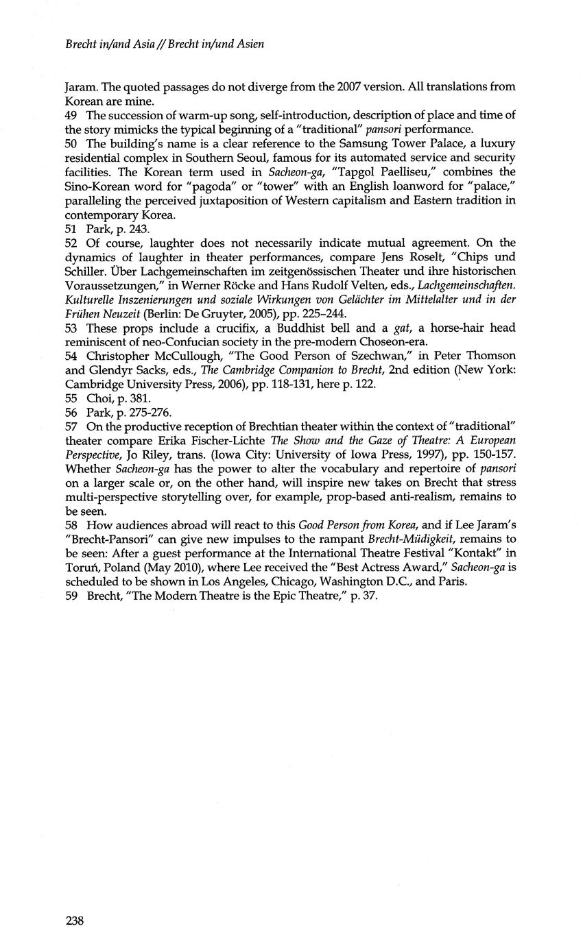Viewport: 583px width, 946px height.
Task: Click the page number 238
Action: [x=74, y=921]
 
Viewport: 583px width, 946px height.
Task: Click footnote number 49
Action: [x=71, y=114]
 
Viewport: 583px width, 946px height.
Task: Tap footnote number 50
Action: [x=71, y=143]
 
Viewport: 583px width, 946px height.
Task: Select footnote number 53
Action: [x=71, y=328]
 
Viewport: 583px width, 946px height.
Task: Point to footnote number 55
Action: [x=71, y=398]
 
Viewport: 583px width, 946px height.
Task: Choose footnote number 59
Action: [x=71, y=596]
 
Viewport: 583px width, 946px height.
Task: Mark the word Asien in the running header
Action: [x=249, y=45]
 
